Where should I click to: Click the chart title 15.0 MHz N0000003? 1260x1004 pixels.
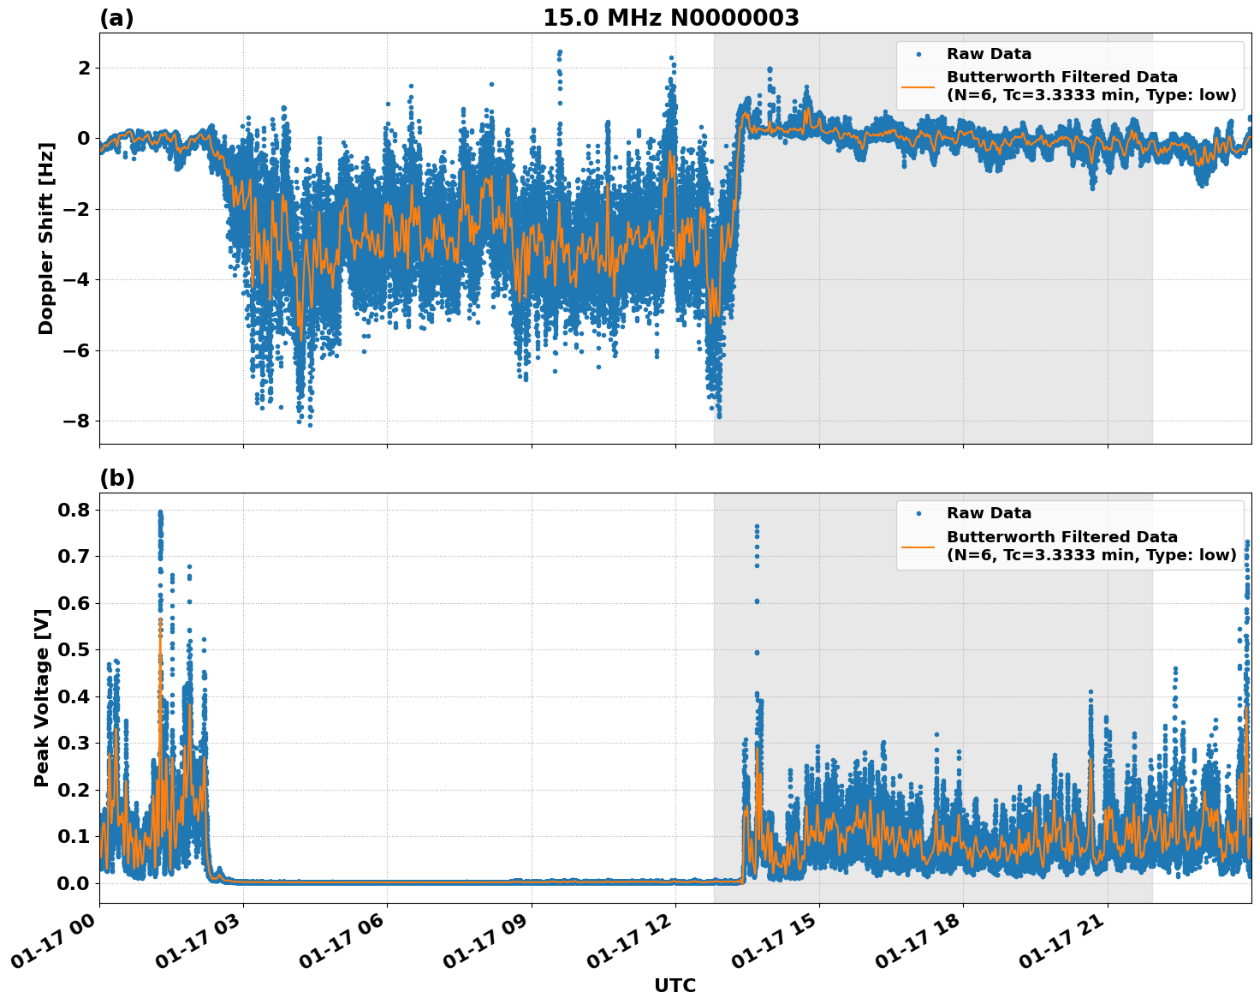tap(670, 18)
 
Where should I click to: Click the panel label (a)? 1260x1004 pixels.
tap(116, 18)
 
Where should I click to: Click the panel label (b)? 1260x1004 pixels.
tap(116, 478)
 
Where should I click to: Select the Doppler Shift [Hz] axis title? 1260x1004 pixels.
tap(46, 238)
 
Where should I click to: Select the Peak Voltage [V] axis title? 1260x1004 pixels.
tap(42, 697)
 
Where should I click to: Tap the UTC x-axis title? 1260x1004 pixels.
tap(675, 985)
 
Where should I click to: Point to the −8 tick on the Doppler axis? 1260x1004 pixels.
tap(76, 421)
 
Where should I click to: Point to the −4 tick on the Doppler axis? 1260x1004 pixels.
tap(76, 279)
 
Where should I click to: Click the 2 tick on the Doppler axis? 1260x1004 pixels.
tap(83, 68)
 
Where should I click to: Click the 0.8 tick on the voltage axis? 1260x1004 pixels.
tap(72, 510)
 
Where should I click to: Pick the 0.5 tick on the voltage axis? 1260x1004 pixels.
tap(72, 650)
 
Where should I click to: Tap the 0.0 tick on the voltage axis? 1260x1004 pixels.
tap(72, 883)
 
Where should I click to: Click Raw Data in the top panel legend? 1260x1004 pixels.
tap(989, 54)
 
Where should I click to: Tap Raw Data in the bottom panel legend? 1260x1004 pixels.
tap(989, 513)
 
